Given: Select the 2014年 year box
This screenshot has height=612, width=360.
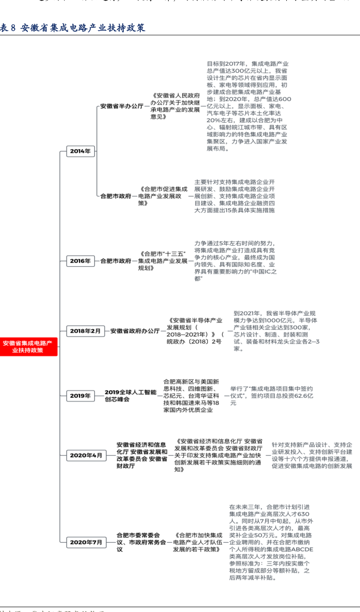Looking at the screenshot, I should (x=80, y=151).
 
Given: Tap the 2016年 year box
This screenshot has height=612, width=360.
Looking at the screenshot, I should (x=80, y=261).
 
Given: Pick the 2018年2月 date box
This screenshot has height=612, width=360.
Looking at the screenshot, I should (x=85, y=330).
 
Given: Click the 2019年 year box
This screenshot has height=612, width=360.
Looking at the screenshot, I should (x=80, y=396).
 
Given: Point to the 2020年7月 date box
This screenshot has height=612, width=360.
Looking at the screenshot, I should (x=85, y=542).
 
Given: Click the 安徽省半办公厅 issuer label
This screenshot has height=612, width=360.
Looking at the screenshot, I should (x=122, y=106).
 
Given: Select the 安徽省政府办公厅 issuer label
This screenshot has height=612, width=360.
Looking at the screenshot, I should (x=135, y=330).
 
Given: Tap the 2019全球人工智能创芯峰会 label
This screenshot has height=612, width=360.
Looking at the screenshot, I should (x=130, y=396).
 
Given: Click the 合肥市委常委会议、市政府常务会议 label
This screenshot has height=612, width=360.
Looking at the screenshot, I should (x=141, y=542).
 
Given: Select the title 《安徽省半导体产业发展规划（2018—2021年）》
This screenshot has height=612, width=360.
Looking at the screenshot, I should (x=194, y=331).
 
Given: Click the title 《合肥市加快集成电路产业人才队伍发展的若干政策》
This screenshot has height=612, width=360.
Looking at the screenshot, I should (x=197, y=542).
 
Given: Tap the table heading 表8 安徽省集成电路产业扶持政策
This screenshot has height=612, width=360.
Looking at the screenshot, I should (x=72, y=27).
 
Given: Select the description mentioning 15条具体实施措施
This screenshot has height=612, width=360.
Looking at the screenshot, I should (x=234, y=196).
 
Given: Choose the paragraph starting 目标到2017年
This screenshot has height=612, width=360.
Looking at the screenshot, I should (x=249, y=106).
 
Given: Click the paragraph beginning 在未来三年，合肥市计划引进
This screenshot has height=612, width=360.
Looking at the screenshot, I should (x=269, y=539).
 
